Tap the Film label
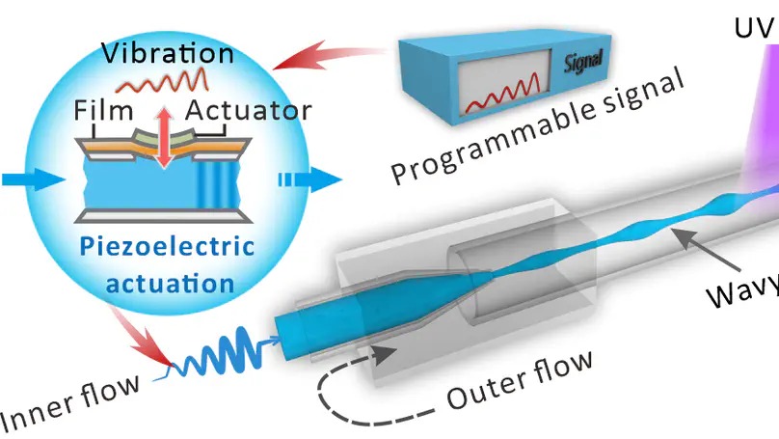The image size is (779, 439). [x=104, y=112]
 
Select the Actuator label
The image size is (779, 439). [x=248, y=112]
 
